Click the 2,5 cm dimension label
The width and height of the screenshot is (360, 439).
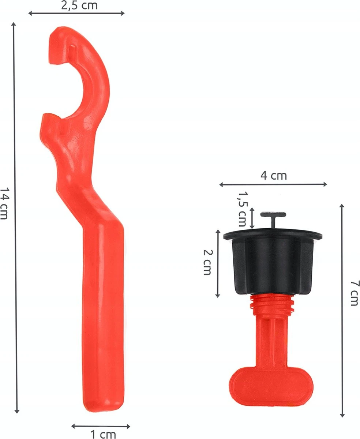tap(79, 5)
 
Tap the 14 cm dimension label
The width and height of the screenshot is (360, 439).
tap(5, 203)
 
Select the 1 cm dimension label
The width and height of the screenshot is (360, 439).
tap(103, 434)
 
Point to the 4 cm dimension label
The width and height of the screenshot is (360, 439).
tap(274, 176)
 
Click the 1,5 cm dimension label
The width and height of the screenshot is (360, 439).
tap(243, 209)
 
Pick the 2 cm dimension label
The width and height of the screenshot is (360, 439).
tap(208, 262)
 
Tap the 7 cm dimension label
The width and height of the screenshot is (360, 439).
tap(355, 293)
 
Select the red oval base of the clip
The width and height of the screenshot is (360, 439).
tap(271, 387)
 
